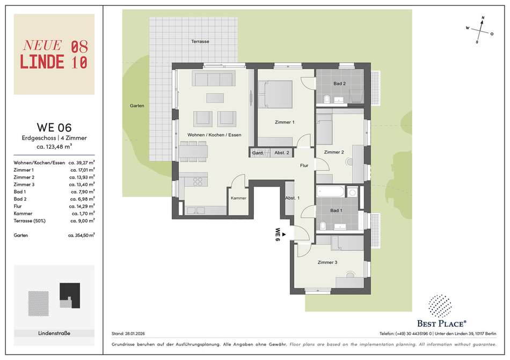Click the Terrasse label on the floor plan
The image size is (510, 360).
[x=200, y=41]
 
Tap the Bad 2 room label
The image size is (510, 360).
[x=339, y=84]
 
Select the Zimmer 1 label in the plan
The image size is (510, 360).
[x=285, y=122]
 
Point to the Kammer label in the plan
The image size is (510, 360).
[x=238, y=198]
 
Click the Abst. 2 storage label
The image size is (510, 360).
[x=282, y=153]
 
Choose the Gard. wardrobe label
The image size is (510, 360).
[x=258, y=153]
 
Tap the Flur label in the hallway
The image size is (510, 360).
[x=304, y=165]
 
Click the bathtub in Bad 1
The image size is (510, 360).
[x=330, y=192]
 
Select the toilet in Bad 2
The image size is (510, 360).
[x=327, y=99]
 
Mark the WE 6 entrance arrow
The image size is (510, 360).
[x=284, y=234]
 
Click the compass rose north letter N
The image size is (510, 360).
[x=483, y=18]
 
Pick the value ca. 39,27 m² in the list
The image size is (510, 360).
[x=82, y=163]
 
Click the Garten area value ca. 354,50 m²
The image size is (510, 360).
[x=81, y=235]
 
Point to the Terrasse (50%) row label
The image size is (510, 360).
[x=30, y=221]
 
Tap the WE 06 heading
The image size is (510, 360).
[x=54, y=127]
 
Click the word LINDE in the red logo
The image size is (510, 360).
[x=42, y=62]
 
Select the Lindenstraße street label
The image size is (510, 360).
[x=54, y=333]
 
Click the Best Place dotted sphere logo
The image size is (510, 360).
[x=440, y=306]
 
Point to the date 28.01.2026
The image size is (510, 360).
[x=135, y=334]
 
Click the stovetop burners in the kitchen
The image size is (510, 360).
[x=198, y=182]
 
